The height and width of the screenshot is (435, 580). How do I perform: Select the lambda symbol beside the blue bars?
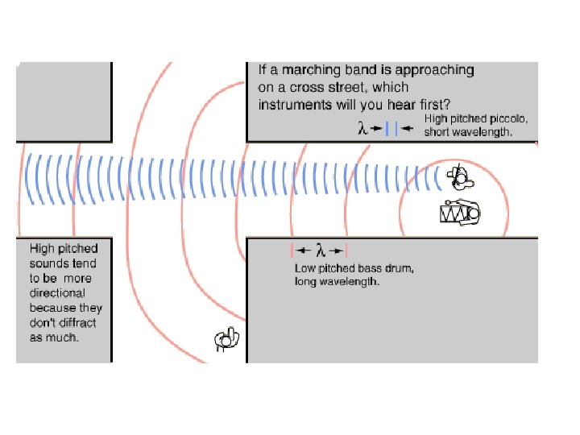(363, 128)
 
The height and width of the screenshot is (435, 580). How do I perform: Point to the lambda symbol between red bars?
(320, 250)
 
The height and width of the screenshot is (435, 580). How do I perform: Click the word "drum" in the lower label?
(399, 268)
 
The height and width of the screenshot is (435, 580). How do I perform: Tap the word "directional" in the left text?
(56, 293)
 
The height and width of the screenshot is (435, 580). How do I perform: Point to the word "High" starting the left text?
(43, 249)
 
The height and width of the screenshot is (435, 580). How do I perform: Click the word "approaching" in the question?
(434, 70)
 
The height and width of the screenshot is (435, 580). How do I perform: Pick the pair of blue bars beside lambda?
(391, 128)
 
